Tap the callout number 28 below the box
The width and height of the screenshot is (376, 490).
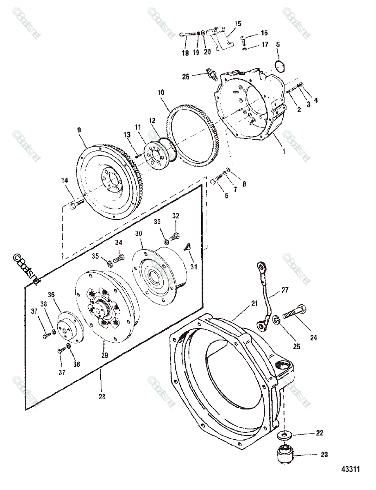pos(101,396)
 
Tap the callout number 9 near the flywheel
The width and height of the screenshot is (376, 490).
pos(79,130)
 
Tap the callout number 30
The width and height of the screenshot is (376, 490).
pos(138,234)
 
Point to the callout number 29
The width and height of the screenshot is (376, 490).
pos(105,355)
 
